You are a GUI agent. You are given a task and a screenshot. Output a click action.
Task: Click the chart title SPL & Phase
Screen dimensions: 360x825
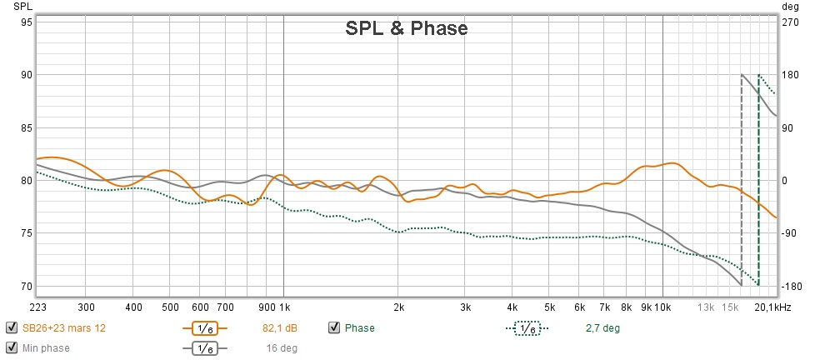pyautogui.click(x=407, y=28)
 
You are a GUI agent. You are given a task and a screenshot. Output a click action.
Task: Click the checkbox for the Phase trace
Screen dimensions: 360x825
pyautogui.click(x=334, y=327)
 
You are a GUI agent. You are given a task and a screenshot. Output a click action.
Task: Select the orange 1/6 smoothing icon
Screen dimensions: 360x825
pyautogui.click(x=204, y=328)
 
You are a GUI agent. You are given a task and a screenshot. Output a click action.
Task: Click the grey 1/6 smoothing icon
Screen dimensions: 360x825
pyautogui.click(x=204, y=348)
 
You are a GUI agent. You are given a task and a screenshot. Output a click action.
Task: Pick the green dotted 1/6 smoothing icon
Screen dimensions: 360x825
pyautogui.click(x=526, y=328)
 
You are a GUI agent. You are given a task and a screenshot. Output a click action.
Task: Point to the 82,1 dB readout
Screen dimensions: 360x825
pyautogui.click(x=280, y=328)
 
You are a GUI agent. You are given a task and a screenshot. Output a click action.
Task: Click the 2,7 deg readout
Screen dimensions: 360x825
pyautogui.click(x=602, y=328)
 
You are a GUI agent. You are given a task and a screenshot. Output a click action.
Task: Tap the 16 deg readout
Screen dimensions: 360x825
pyautogui.click(x=282, y=348)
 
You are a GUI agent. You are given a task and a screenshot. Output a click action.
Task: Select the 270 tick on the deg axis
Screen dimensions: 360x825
pyautogui.click(x=791, y=22)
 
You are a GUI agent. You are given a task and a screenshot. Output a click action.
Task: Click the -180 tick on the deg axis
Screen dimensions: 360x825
pyautogui.click(x=791, y=287)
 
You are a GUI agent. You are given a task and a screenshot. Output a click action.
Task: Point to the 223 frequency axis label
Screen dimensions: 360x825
pyautogui.click(x=37, y=306)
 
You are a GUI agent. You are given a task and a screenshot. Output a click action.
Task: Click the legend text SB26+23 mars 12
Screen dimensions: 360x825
pyautogui.click(x=63, y=328)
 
